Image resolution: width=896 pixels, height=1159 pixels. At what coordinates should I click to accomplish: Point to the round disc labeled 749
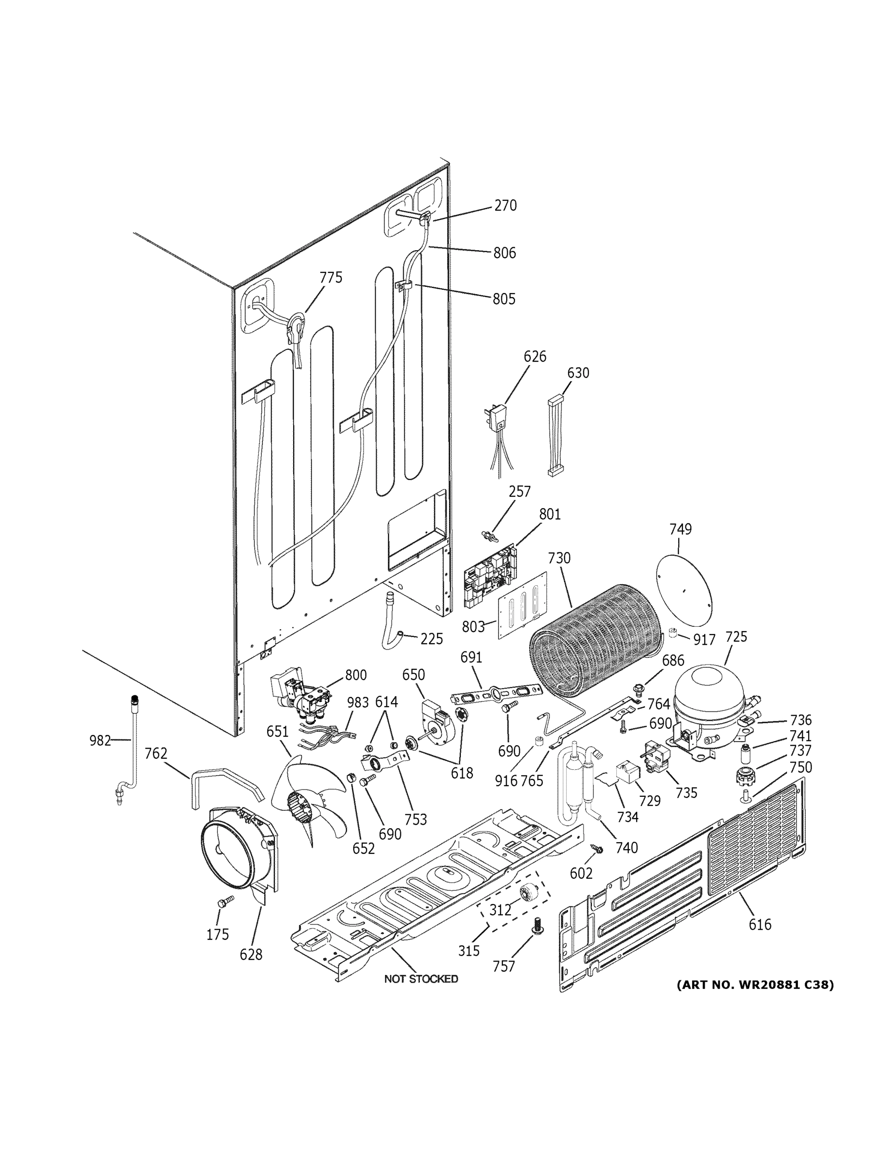(x=683, y=589)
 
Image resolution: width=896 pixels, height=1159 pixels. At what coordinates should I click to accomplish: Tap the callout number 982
(x=100, y=740)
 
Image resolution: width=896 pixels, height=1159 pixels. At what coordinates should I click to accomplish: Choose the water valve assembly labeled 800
(x=300, y=695)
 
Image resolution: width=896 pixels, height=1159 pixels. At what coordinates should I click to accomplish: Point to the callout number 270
(x=505, y=205)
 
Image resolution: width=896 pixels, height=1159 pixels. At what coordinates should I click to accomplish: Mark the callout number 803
(x=473, y=627)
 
